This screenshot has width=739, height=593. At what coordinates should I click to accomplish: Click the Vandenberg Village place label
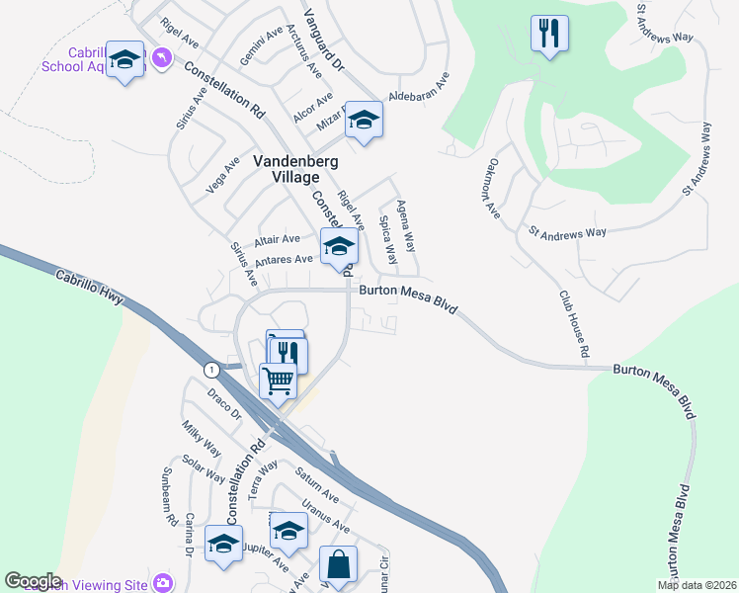pyautogui.click(x=286, y=168)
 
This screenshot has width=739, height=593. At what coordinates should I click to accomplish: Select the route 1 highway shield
pyautogui.click(x=210, y=370)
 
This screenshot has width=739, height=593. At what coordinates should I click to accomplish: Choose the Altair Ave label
pyautogui.click(x=277, y=240)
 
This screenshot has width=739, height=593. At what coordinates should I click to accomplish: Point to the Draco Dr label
pyautogui.click(x=224, y=405)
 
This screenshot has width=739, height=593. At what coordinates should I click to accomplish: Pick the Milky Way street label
pyautogui.click(x=200, y=440)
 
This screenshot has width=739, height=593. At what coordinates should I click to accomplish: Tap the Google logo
pyautogui.click(x=33, y=580)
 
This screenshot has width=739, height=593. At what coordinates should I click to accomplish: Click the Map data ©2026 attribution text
pyautogui.click(x=697, y=585)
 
